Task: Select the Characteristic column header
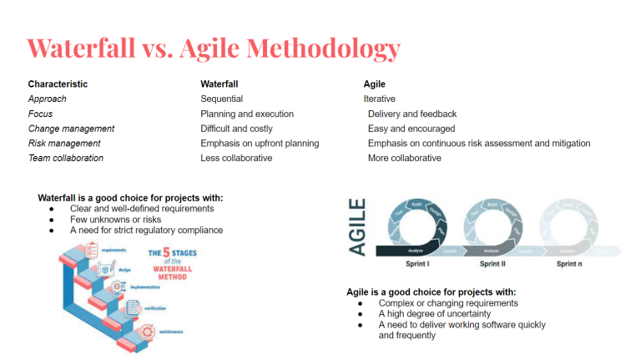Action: point(58,84)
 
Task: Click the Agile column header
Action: point(374,84)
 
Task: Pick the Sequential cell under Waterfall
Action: point(221,99)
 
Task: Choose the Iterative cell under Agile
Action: point(380,99)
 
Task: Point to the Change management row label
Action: point(71,129)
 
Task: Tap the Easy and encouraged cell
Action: point(411,129)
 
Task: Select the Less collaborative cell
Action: point(236,158)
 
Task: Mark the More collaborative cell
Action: point(405,158)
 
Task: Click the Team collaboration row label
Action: point(66,158)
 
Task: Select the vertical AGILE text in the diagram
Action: point(356,227)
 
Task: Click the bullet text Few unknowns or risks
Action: point(115,219)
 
